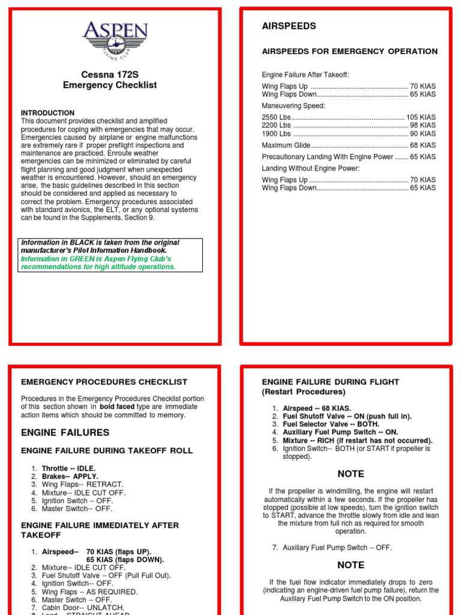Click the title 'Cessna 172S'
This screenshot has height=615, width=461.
coord(110,74)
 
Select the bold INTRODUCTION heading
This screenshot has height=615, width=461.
coord(48,113)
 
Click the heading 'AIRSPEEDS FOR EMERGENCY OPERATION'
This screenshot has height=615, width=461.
coord(350,51)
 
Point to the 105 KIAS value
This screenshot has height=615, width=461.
coord(421,117)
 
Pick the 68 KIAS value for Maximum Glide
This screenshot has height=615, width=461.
coord(423,145)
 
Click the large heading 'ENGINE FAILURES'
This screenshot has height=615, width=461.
coord(65,432)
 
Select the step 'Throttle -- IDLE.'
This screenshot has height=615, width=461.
coord(68,468)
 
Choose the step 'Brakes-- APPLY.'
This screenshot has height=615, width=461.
coord(70,476)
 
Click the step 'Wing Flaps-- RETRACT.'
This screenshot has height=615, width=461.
coord(82,484)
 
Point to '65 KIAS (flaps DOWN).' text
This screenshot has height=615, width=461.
coord(125,559)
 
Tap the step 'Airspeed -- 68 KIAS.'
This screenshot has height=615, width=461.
coord(316,408)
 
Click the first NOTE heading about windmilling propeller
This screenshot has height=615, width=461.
coord(351,474)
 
